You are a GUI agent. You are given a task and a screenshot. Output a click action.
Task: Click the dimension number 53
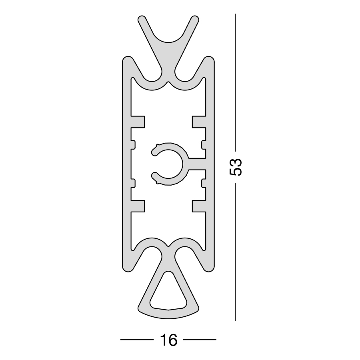(236, 167)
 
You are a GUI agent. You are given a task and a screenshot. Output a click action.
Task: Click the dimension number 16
(168, 340)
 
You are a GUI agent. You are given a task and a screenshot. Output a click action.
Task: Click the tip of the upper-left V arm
(142, 19)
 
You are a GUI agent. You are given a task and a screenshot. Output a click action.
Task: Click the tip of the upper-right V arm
(195, 19)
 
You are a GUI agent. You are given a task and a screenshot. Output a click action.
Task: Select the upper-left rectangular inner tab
(138, 122)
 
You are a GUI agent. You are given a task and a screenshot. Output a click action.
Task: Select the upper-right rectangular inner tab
(199, 122)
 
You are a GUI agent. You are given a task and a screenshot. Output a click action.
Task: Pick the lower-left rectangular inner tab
(138, 206)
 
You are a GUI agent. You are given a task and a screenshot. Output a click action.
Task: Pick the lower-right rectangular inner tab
(199, 206)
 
